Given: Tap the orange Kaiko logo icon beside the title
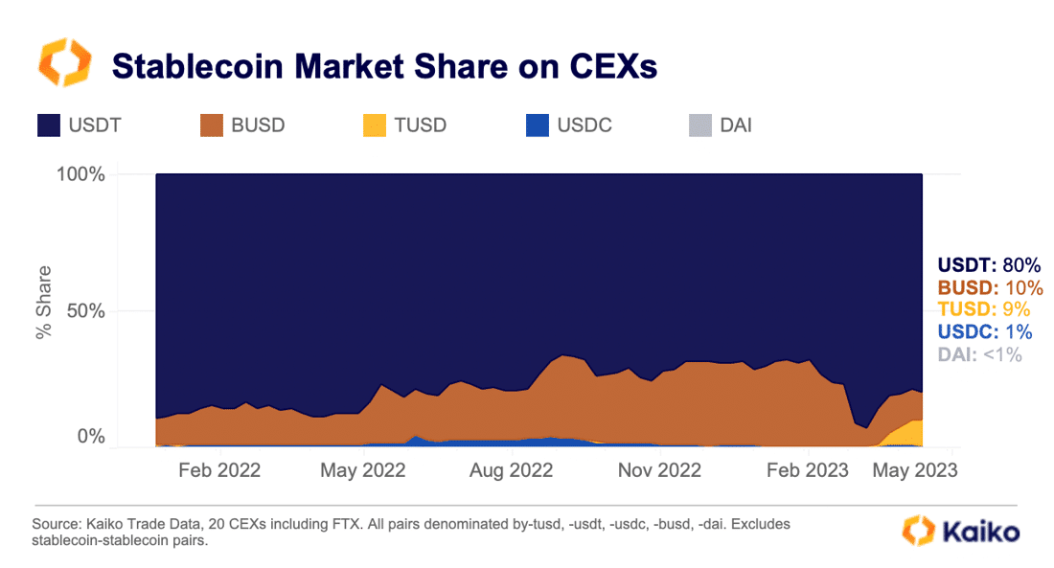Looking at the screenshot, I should tap(64, 63).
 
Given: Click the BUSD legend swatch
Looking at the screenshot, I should tap(213, 125).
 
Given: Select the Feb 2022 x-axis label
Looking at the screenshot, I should tap(218, 470).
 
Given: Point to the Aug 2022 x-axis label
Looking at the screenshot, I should tap(513, 470).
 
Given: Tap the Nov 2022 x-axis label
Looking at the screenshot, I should tap(660, 470).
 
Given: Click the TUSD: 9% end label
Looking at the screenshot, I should tap(983, 308).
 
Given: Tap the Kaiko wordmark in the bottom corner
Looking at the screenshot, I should tap(979, 533).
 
